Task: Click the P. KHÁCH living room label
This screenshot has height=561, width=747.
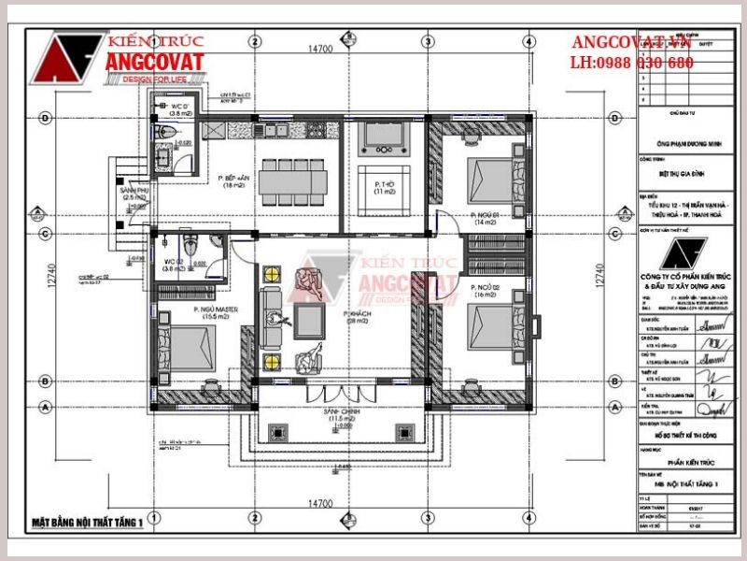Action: click(x=355, y=316)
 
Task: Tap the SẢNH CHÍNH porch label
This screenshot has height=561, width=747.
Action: click(x=332, y=415)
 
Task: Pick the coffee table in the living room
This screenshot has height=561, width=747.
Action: click(x=310, y=321)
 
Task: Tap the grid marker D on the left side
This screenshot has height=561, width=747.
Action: click(x=45, y=119)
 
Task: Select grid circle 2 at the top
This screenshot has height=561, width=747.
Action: click(x=254, y=40)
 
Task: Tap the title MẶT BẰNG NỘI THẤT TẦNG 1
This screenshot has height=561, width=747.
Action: click(x=86, y=522)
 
